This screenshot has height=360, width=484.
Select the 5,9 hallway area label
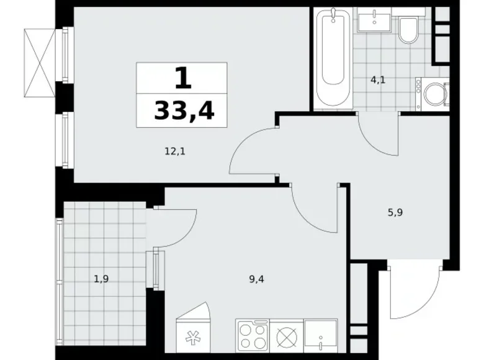pyautogui.click(x=395, y=212)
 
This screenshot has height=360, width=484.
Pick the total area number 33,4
pyautogui.click(x=181, y=111)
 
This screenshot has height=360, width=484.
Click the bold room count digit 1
pyautogui.click(x=181, y=79)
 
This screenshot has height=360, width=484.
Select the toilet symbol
pyautogui.click(x=408, y=30)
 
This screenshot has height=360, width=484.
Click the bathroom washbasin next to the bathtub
pyautogui.click(x=374, y=20)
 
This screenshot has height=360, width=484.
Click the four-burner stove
pyautogui.click(x=251, y=336)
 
